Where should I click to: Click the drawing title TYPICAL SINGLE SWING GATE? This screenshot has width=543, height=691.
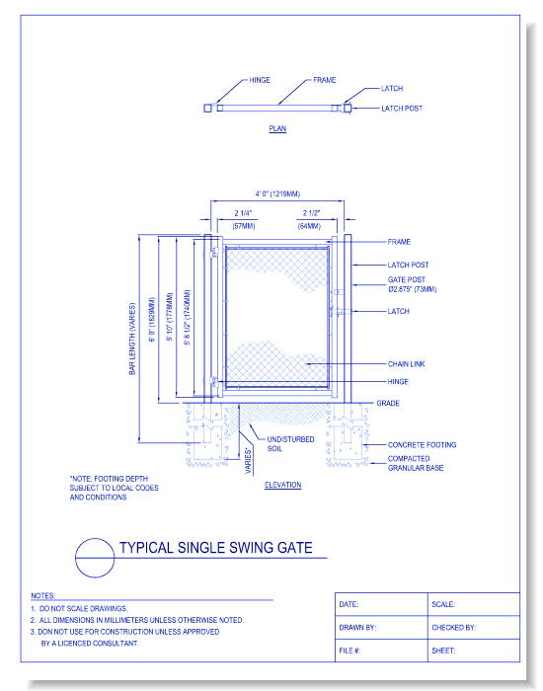tap(215, 548)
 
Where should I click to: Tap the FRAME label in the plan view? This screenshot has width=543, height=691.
tap(325, 79)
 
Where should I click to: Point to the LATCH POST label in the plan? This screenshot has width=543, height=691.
tap(402, 109)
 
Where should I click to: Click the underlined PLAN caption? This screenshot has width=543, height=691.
tap(277, 129)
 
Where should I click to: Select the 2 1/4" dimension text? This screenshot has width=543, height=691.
tap(243, 213)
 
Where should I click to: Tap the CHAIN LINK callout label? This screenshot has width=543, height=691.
tap(407, 364)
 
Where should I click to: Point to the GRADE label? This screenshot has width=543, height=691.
tap(387, 404)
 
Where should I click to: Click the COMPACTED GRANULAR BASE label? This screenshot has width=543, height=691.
tap(415, 463)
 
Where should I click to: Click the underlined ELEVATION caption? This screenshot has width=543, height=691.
tap(283, 486)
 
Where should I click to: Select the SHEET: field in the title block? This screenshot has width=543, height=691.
tap(442, 651)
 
